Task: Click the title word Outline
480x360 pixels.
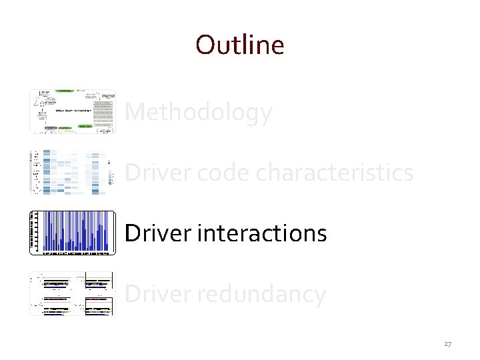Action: point(240,45)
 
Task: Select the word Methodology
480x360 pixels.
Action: point(198,113)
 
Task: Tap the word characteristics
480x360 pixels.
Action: point(335,173)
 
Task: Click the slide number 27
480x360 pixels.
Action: point(447,345)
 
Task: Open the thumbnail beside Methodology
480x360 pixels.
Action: point(73,111)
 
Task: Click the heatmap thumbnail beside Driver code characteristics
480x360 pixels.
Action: point(73,172)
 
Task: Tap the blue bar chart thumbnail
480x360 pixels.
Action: point(73,233)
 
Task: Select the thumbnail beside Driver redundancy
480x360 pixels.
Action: point(73,293)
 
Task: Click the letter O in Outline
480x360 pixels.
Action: point(205,45)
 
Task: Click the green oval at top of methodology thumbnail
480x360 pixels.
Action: point(65,91)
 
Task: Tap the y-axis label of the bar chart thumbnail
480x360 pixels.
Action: point(32,233)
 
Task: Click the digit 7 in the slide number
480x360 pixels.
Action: point(449,345)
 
